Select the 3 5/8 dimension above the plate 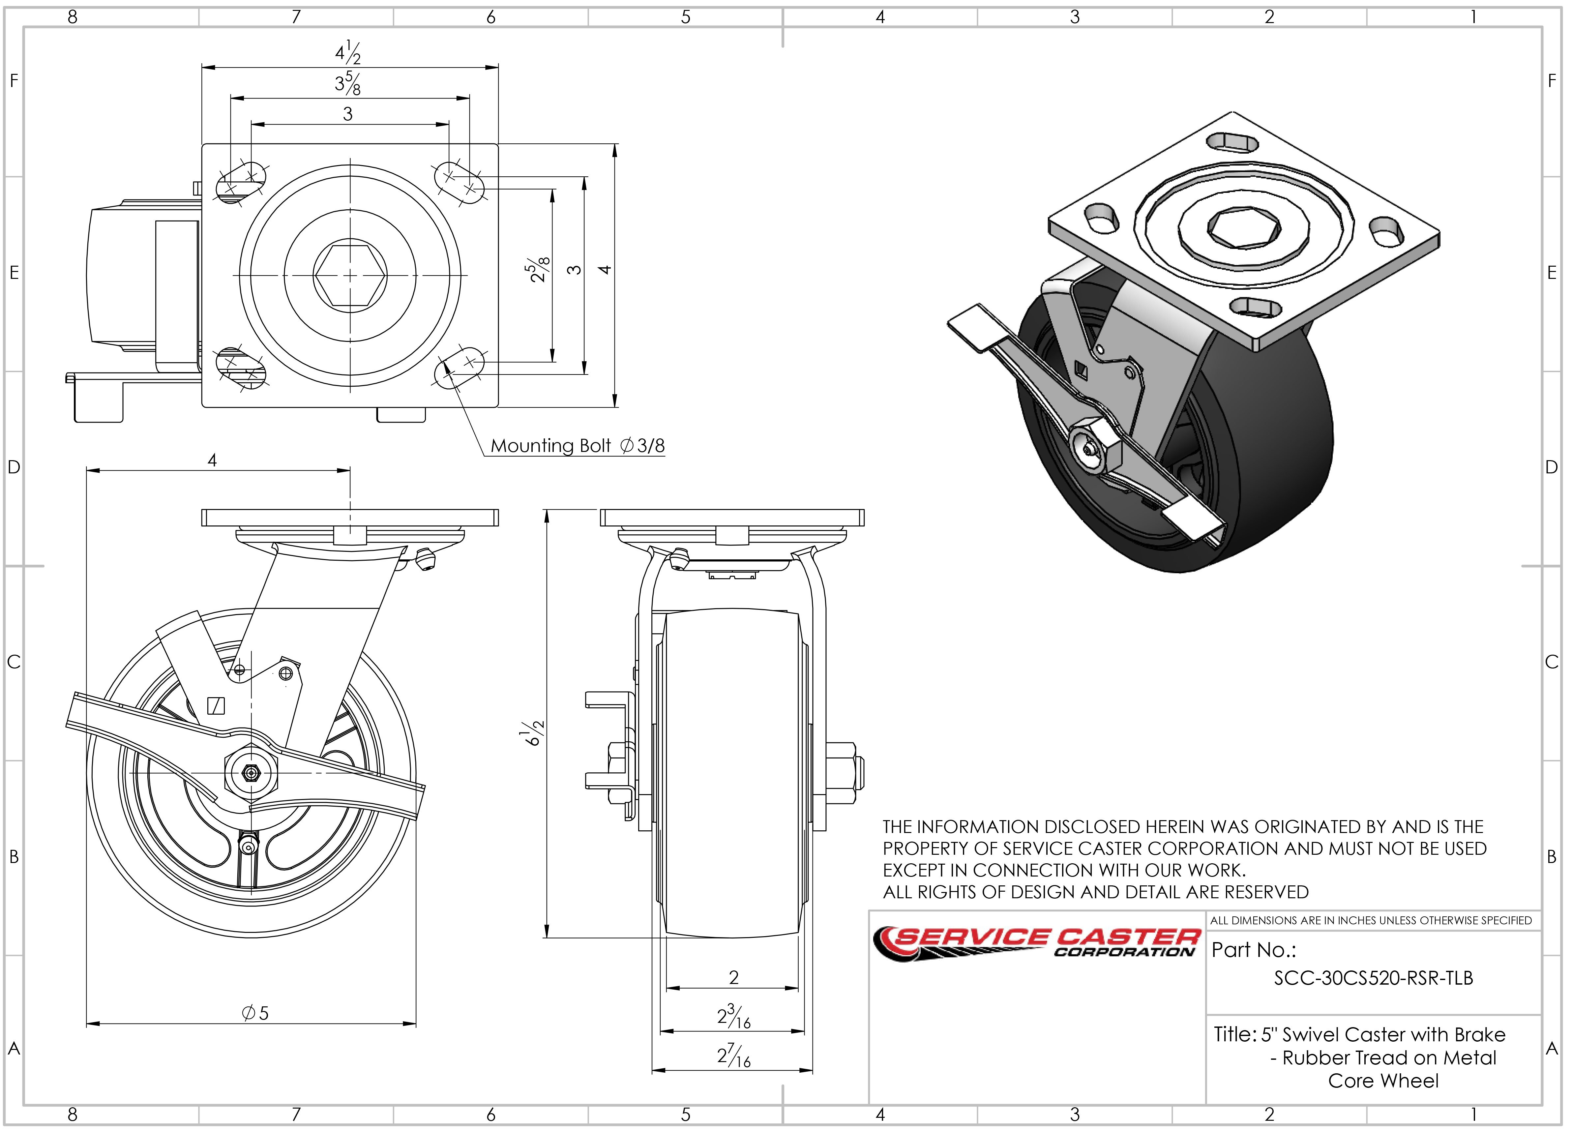coord(348,84)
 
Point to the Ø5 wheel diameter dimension coord(255,1013)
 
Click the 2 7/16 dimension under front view coord(733,1056)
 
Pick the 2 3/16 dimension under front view coord(733,1017)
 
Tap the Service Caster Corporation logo coord(1036,943)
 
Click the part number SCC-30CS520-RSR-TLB coord(1373,978)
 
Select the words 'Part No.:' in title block coord(1253,950)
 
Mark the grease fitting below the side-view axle coord(247,845)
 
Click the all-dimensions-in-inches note coord(1371,921)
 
